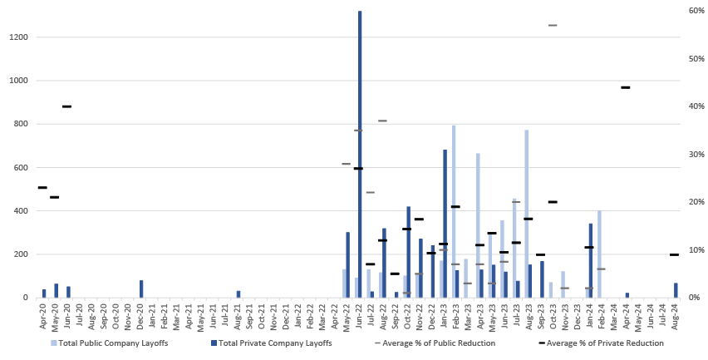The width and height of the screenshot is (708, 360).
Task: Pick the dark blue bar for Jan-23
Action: (x=445, y=224)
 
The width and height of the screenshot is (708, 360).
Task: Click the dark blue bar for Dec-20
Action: (x=141, y=288)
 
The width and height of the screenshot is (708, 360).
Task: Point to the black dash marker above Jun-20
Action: (x=66, y=106)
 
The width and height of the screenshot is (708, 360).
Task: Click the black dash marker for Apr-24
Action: (x=626, y=87)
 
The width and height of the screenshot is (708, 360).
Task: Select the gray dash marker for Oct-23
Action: (x=553, y=25)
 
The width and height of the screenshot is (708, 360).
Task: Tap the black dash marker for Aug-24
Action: (x=675, y=254)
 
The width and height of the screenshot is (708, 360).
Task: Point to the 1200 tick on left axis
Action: (x=19, y=37)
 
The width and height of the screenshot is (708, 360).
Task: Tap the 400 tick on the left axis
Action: (x=22, y=210)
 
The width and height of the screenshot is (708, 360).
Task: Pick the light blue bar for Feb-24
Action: (x=599, y=254)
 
